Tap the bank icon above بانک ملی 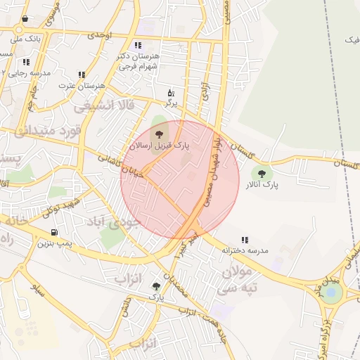tap(25, 19)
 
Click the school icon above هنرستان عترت tap(82, 74)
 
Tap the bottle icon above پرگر tap(170, 93)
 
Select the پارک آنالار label tap(262, 186)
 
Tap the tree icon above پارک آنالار tap(262, 173)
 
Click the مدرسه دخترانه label tap(246, 250)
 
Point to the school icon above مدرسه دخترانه tap(245, 240)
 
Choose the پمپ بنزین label tap(55, 243)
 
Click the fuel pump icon tap(54, 232)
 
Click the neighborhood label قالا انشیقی tap(94, 106)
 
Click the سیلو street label tap(33, 286)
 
